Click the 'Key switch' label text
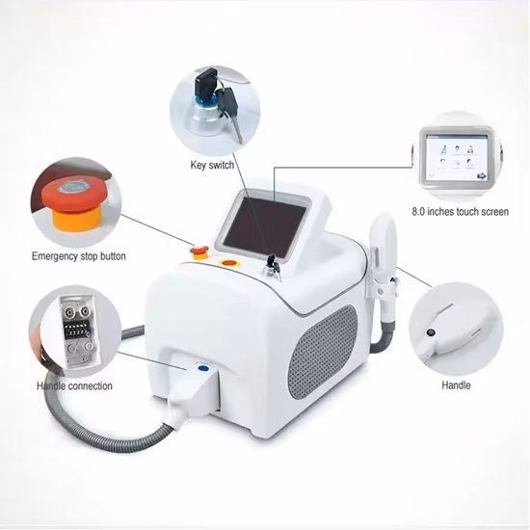point(212,166)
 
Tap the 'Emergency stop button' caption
point(79,256)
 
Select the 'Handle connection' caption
point(74,386)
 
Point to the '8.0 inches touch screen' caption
point(461,212)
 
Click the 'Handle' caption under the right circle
point(456,385)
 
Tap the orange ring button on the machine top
point(228,263)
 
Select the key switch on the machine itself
point(272,267)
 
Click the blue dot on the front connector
point(202,368)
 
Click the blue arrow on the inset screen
point(481,176)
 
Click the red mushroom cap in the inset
point(75,196)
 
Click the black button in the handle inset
point(431,333)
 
